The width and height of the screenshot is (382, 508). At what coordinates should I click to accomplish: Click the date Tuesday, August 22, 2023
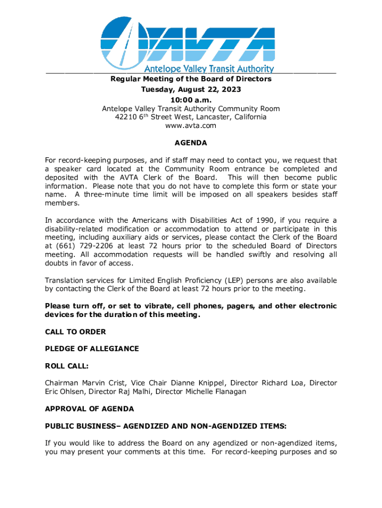coord(191,89)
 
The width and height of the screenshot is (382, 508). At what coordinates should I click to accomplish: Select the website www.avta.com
coord(191,126)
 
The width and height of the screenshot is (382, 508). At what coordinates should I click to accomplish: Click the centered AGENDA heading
coord(191,143)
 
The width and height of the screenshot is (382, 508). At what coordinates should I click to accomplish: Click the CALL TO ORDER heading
coord(75,331)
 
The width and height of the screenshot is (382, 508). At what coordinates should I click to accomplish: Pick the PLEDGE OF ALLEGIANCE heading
coord(92,349)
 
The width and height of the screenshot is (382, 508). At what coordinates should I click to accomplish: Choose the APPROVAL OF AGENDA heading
coord(89,409)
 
